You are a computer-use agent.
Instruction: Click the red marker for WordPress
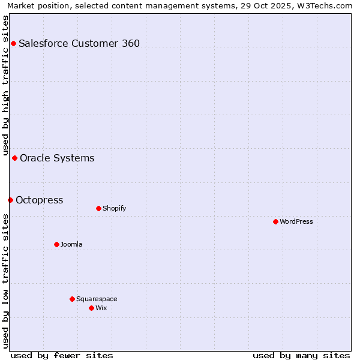(x=275, y=221)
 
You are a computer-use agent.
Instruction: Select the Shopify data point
(x=98, y=208)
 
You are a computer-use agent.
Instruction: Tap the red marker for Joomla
(x=56, y=244)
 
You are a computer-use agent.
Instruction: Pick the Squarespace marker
(x=72, y=299)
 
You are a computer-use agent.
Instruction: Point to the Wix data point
(x=91, y=308)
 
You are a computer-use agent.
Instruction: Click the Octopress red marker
(x=10, y=200)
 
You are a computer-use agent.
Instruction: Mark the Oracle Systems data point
(x=14, y=158)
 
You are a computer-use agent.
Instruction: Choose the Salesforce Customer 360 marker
(x=13, y=43)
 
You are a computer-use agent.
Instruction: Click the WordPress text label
(x=296, y=221)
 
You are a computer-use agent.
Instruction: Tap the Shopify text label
(x=114, y=208)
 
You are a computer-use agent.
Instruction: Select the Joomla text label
(x=71, y=244)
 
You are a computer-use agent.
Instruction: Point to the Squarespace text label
(x=97, y=299)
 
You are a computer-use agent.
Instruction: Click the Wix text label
(x=101, y=308)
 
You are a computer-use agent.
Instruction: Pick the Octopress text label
(x=39, y=200)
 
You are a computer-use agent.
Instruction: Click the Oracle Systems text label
(x=57, y=158)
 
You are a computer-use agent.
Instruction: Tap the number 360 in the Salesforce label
(x=130, y=43)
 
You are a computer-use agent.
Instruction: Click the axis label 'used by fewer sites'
(x=62, y=355)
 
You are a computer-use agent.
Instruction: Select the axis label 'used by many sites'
(x=301, y=355)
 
